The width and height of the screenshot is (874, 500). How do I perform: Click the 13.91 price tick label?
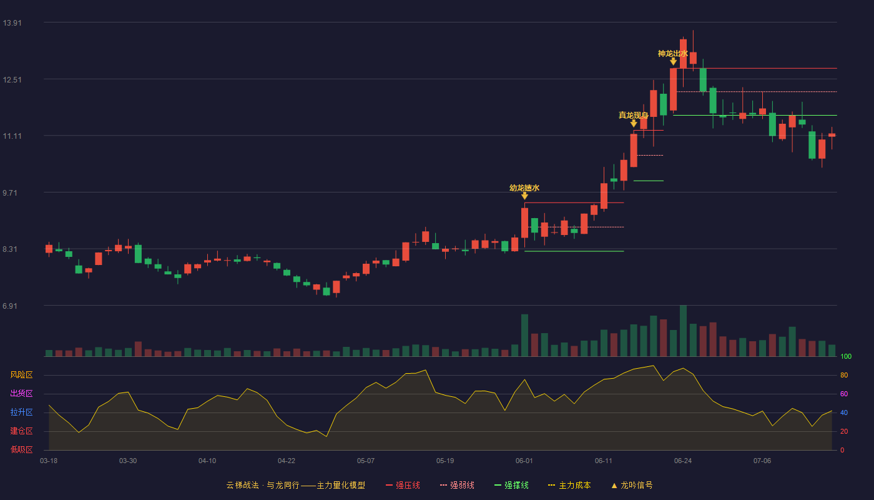[12, 22]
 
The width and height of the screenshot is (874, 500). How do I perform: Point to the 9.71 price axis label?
[10, 192]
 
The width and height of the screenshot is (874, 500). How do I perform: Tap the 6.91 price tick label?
[10, 306]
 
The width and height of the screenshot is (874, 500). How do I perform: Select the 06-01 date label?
[524, 461]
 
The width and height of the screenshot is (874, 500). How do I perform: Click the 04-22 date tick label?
[287, 461]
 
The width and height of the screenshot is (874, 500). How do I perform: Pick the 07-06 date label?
[762, 461]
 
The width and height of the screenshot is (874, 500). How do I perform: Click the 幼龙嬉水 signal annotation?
[524, 188]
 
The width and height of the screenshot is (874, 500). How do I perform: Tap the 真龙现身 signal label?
[633, 115]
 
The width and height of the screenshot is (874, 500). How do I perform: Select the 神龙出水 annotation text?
[673, 54]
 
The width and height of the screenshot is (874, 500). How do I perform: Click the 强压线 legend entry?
[403, 485]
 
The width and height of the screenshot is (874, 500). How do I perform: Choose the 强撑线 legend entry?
[511, 485]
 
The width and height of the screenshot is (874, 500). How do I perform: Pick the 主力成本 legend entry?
[569, 485]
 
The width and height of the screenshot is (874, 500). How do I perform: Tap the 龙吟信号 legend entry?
[632, 485]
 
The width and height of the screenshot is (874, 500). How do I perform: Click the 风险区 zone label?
[21, 375]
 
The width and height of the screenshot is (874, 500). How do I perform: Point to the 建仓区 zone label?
[21, 431]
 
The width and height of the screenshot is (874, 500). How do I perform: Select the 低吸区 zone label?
[21, 449]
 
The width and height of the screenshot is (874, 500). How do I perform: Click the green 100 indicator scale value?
[846, 356]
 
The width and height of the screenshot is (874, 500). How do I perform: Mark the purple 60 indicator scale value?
[844, 394]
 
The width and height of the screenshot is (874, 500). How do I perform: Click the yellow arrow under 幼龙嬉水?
[525, 195]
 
